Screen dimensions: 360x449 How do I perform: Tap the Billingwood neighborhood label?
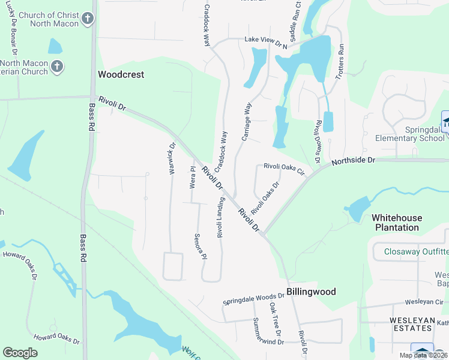pyautogui.click(x=311, y=292)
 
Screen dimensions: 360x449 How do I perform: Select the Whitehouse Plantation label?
pyautogui.click(x=397, y=223)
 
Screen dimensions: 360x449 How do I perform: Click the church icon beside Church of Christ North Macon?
pyautogui.click(x=88, y=18)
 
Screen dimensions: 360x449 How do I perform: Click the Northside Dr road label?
pyautogui.click(x=353, y=160)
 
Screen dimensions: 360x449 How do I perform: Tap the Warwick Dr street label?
pyautogui.click(x=172, y=158)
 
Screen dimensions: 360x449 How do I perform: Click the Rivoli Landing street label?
pyautogui.click(x=221, y=217)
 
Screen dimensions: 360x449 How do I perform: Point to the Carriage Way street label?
pyautogui.click(x=246, y=122)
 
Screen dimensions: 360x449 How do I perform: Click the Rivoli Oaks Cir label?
pyautogui.click(x=285, y=170)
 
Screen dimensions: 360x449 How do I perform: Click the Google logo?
pyautogui.click(x=20, y=353)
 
